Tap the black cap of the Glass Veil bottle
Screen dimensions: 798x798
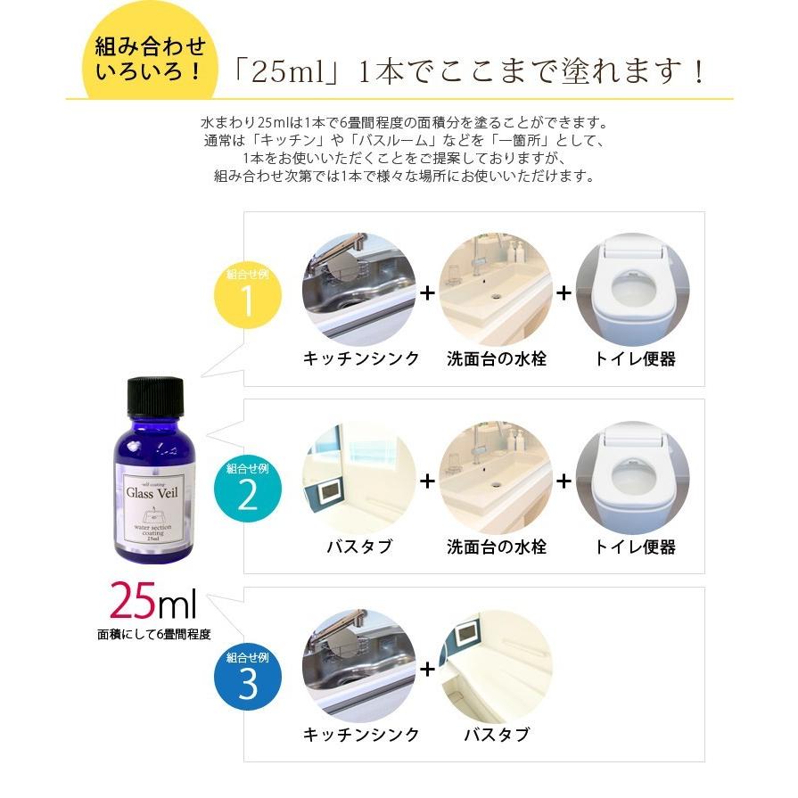(154, 396)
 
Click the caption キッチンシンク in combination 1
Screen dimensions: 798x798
(361, 359)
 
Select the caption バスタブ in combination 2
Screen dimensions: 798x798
(359, 547)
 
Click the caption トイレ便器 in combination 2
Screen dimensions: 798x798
(634, 547)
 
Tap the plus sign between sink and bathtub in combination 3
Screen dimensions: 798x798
(428, 669)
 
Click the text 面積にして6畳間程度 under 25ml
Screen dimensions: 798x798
(154, 636)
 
